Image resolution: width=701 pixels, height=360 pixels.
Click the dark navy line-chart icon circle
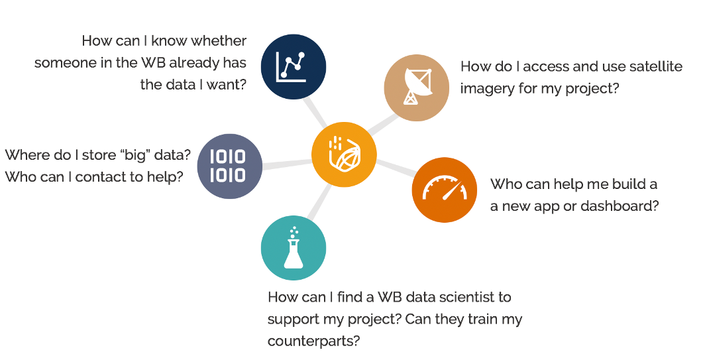point(294,67)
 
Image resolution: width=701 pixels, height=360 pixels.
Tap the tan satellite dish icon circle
point(417,88)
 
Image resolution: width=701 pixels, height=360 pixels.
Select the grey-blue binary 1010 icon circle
point(230,166)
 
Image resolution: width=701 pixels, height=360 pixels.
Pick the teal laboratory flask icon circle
point(294,248)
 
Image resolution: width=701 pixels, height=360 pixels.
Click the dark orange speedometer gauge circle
point(445,190)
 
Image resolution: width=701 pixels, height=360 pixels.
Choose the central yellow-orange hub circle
point(345,154)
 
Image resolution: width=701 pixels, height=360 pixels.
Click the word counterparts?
point(313,341)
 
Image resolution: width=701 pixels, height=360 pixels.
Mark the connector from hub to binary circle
point(287,164)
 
